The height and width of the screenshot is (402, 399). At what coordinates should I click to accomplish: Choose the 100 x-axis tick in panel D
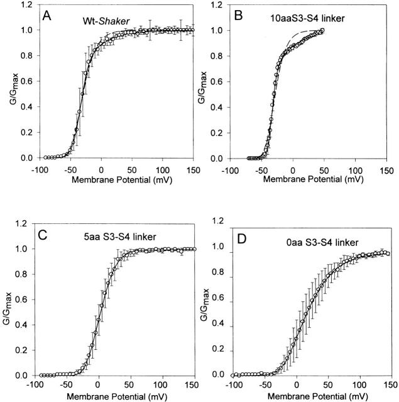coord(358,385)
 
